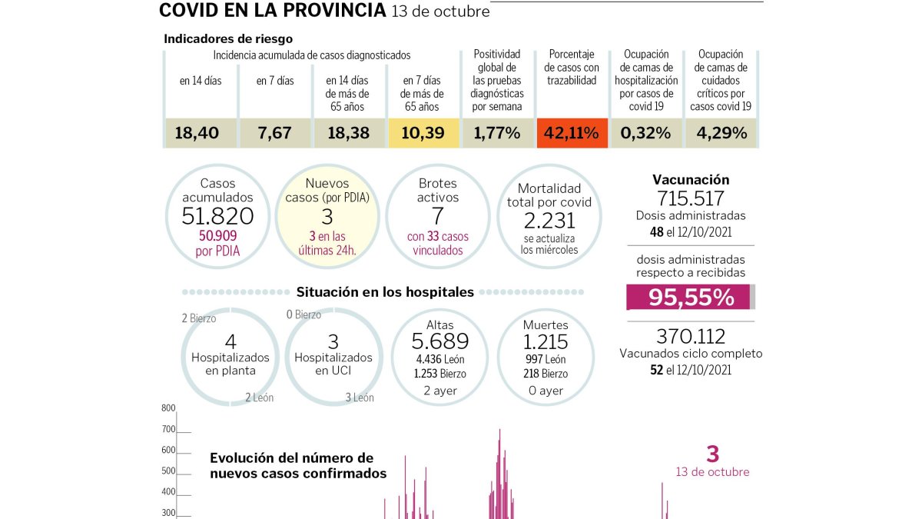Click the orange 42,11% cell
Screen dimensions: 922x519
[x=572, y=132]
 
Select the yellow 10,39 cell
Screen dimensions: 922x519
[x=423, y=132]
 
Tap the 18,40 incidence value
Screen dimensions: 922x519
[x=197, y=133]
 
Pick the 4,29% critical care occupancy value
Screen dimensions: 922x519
[x=721, y=133]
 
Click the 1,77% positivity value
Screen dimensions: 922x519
[x=497, y=133]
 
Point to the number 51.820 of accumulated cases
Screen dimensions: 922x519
[x=217, y=216]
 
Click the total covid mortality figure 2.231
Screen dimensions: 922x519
[x=549, y=221]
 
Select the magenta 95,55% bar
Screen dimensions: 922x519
[x=688, y=297]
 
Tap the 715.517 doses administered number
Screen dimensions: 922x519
[x=690, y=198]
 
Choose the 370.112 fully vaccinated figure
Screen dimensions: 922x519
[x=691, y=337]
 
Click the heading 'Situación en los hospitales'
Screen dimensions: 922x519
[x=385, y=292]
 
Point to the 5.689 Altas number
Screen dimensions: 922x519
[x=440, y=341]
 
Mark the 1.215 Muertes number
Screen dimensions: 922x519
[x=546, y=342]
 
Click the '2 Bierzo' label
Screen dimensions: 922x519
[x=199, y=318]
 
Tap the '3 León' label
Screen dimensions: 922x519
[x=360, y=398]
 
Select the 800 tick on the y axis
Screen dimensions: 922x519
[x=169, y=408]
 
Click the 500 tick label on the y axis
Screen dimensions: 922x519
[x=169, y=471]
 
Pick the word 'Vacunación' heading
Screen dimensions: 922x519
[x=691, y=180]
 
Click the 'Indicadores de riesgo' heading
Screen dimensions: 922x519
[x=228, y=38]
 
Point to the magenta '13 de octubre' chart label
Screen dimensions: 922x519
[x=712, y=472]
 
